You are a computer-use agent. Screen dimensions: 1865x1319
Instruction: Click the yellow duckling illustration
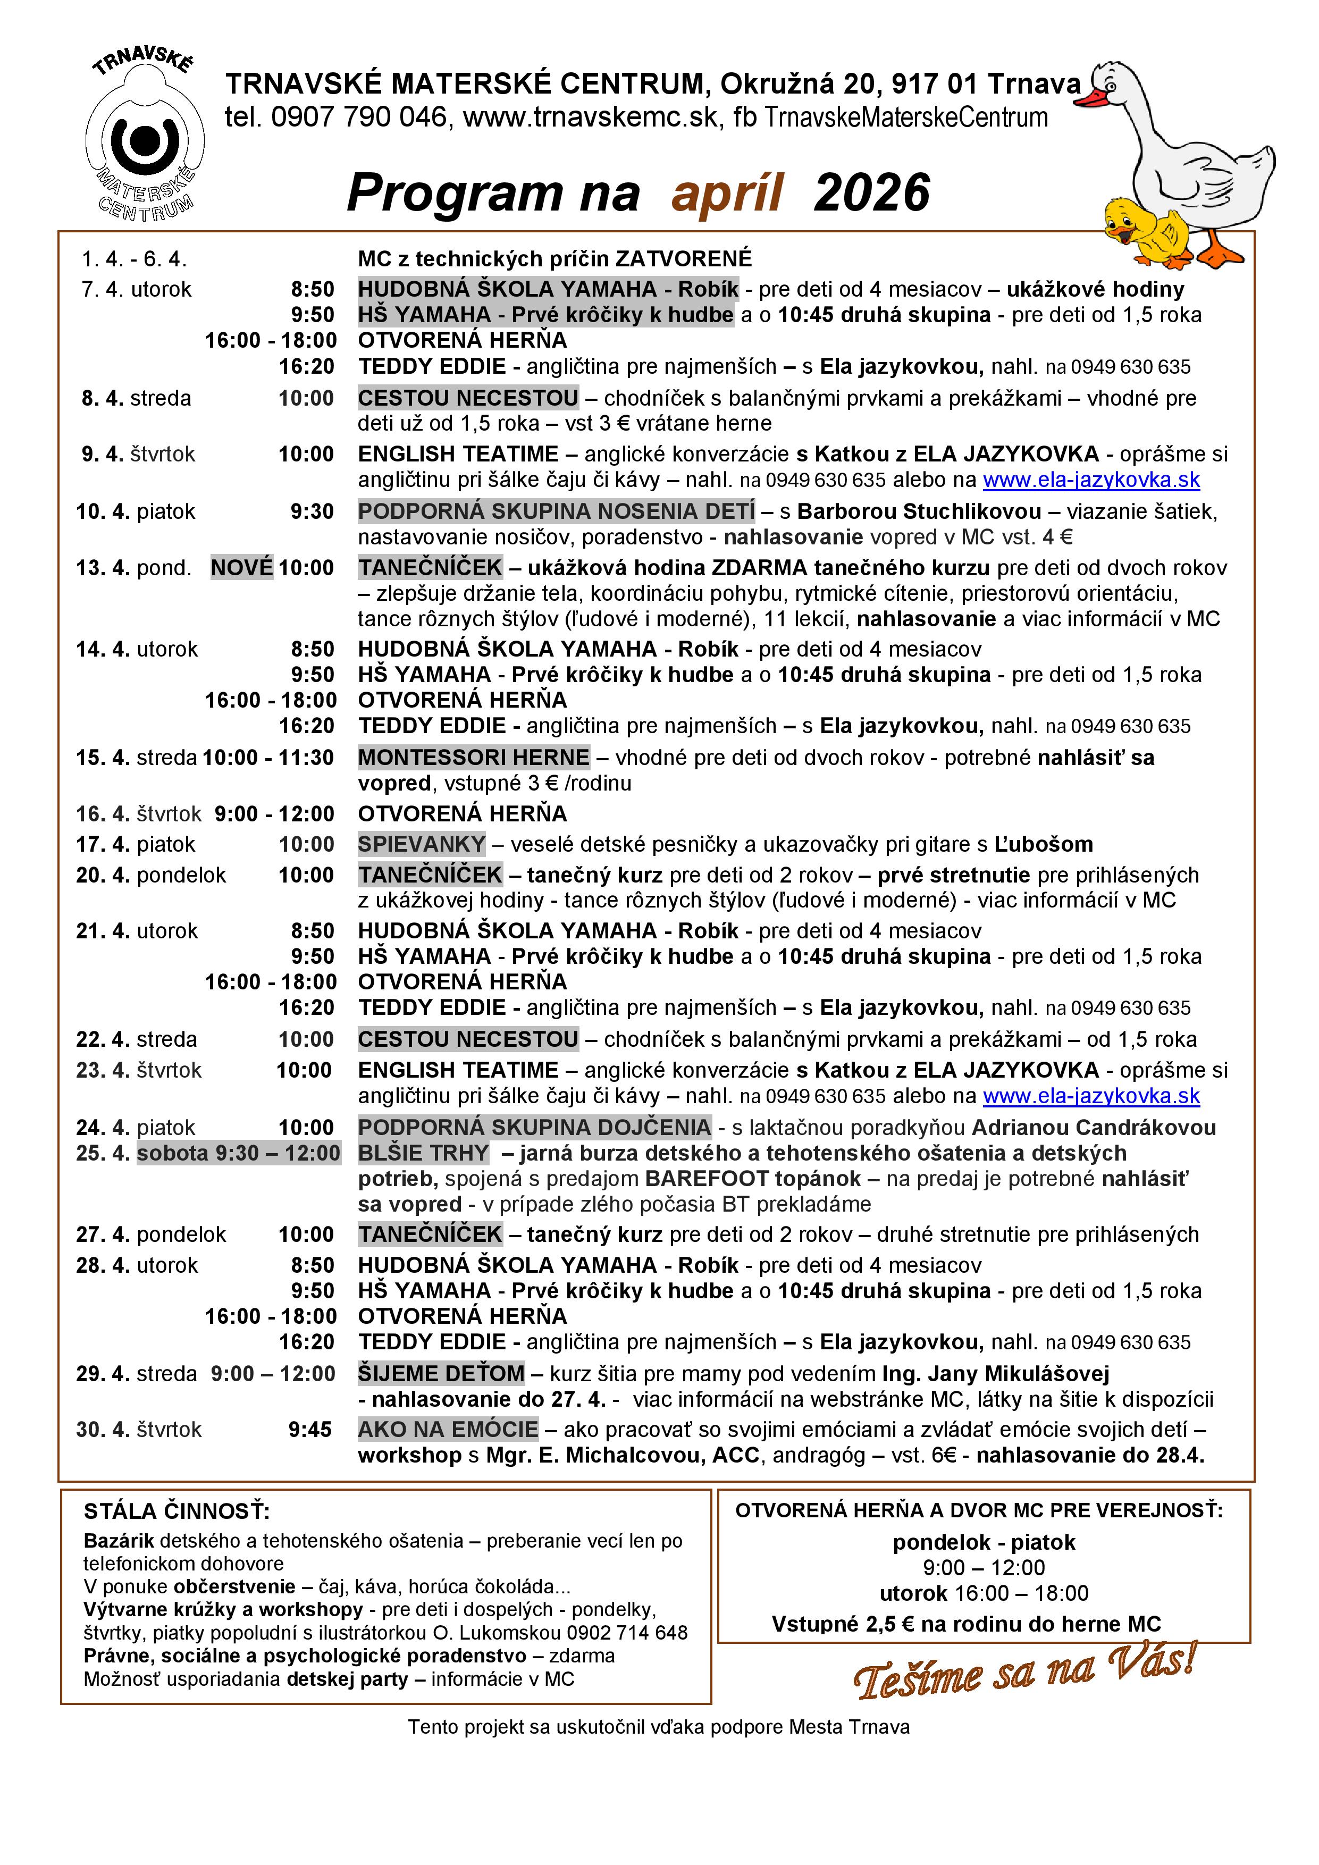(1145, 230)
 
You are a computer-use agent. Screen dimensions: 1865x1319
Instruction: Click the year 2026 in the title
(871, 194)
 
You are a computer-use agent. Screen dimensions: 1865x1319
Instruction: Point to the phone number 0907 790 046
(358, 118)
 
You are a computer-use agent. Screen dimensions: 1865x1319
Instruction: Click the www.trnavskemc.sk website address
(591, 118)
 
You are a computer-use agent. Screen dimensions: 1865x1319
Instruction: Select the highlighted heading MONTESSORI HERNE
(474, 757)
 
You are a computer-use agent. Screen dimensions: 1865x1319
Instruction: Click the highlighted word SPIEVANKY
(422, 844)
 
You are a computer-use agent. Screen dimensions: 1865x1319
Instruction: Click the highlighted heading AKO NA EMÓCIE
(448, 1429)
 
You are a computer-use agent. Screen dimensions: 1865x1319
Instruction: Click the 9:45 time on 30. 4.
(310, 1429)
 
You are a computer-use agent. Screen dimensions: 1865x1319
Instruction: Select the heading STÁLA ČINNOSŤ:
(177, 1511)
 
